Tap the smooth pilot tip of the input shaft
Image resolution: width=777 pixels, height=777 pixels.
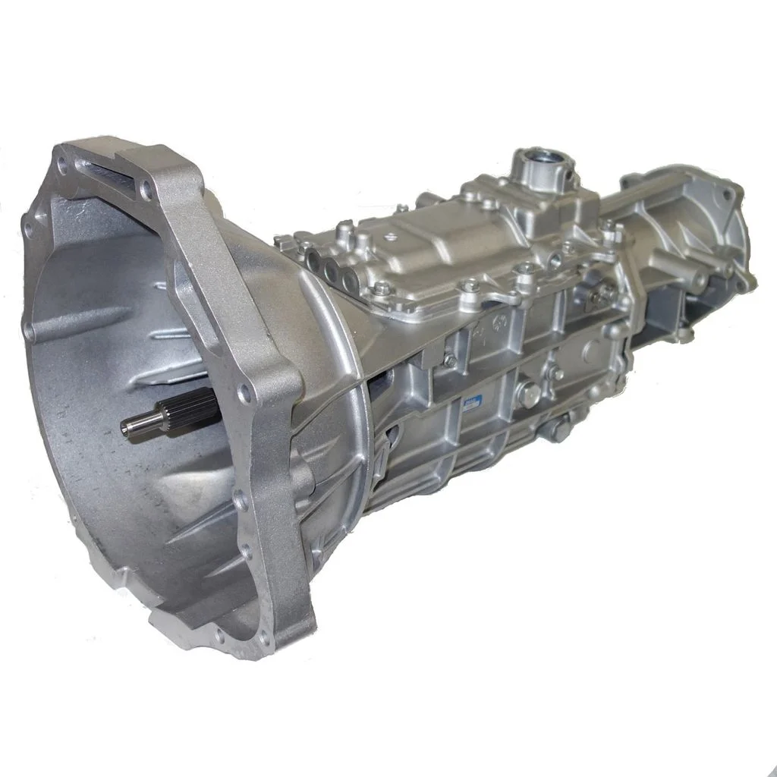[x=137, y=426]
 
